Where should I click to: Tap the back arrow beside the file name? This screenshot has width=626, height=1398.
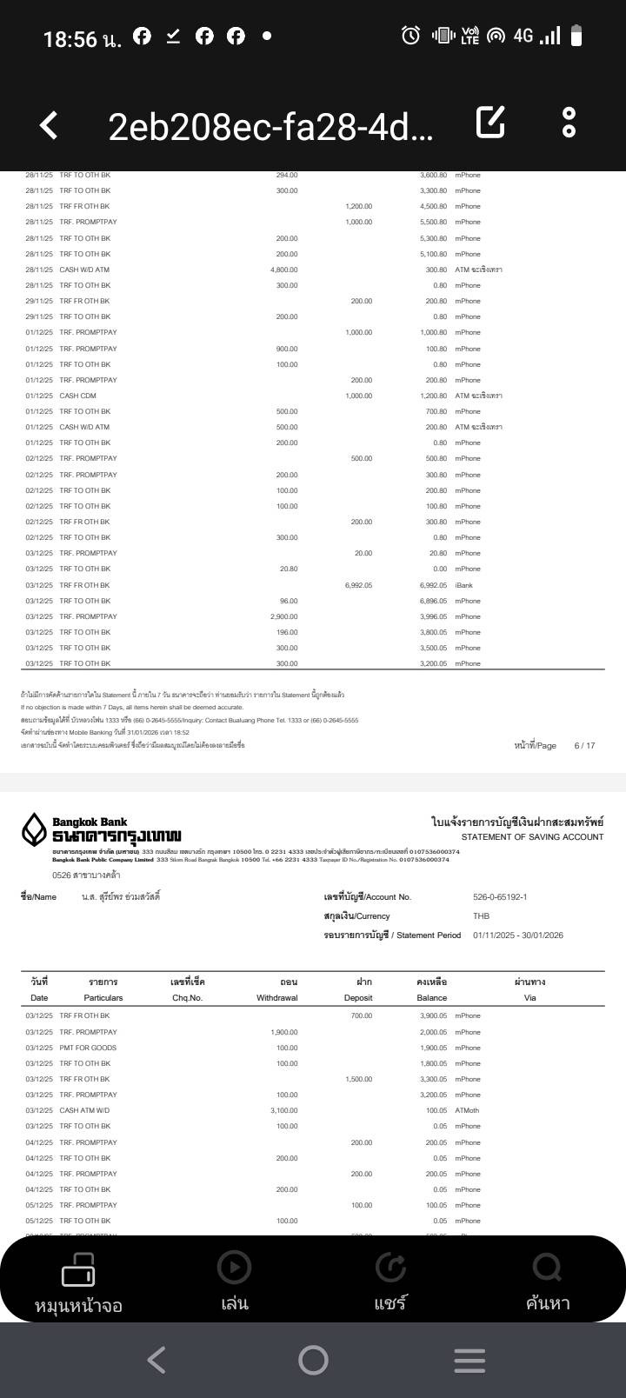coord(50,125)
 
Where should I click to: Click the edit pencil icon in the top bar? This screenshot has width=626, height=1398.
coord(490,123)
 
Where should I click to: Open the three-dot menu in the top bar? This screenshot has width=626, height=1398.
coord(569,123)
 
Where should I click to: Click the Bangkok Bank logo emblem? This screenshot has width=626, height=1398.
coord(34,829)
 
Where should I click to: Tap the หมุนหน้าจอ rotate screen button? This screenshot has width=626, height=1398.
coord(78,1281)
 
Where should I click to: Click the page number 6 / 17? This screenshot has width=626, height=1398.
coord(584,746)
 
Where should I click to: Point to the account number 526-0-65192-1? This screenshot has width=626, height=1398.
coord(500,897)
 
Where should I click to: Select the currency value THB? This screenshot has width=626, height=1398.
coord(481,916)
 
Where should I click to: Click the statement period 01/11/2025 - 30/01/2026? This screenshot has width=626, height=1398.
coord(518,935)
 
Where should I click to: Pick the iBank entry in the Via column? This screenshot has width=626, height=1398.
coord(463,585)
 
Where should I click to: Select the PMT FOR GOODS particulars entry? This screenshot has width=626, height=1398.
coord(88,1048)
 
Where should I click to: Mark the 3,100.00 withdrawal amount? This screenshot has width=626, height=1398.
coord(283,1110)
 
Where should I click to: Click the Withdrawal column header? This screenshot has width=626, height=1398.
coord(277,998)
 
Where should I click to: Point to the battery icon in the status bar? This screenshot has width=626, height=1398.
coord(576,36)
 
